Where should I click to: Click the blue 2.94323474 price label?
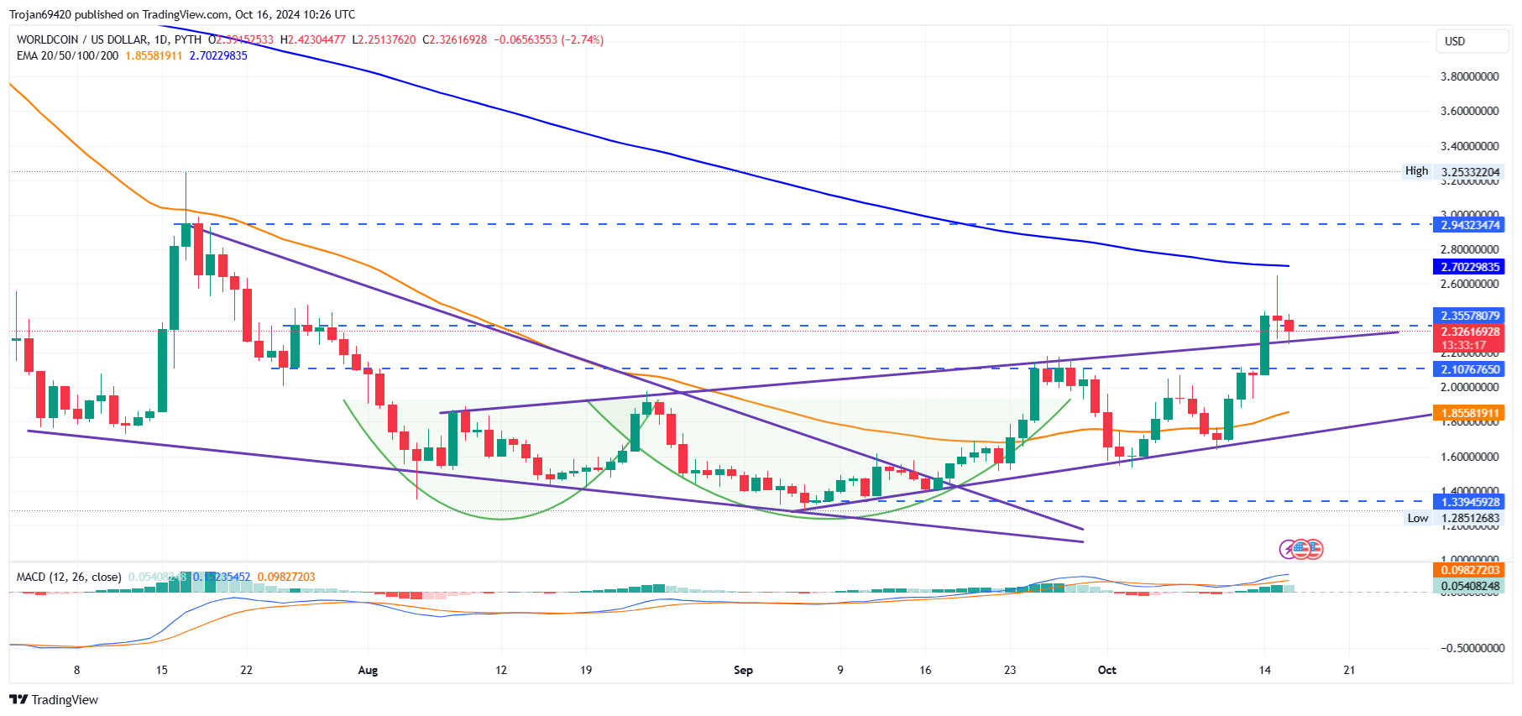(x=1469, y=225)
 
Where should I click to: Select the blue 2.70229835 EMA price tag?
(x=1469, y=267)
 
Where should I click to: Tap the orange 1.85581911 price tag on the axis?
(x=1469, y=413)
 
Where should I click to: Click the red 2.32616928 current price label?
(x=1469, y=332)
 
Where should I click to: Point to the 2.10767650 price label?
(x=1469, y=369)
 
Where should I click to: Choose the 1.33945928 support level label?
(x=1469, y=502)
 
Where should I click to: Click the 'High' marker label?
(x=1416, y=171)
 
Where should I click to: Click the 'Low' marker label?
(x=1417, y=518)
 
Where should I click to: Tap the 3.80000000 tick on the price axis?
(x=1469, y=76)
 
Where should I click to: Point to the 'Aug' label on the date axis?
(x=368, y=670)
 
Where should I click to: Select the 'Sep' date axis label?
(x=743, y=670)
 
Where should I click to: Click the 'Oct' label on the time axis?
(x=1107, y=670)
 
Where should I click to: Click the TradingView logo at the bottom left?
(x=54, y=700)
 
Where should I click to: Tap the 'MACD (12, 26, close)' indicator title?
(x=69, y=577)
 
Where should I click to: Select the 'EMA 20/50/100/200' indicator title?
(x=67, y=55)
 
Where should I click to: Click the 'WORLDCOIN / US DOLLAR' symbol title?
(x=82, y=39)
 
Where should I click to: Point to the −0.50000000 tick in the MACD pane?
(x=1472, y=648)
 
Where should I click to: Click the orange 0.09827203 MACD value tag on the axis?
(x=1469, y=570)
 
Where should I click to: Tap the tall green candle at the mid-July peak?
(x=175, y=285)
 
